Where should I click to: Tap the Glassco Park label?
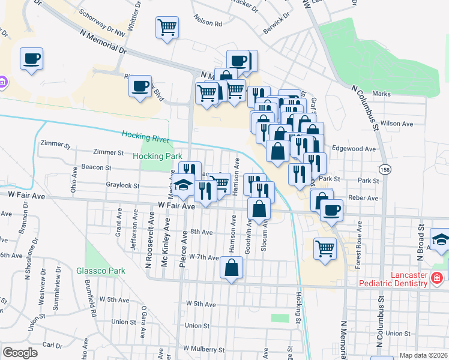click(x=100, y=271)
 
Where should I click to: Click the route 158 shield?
click(x=384, y=169)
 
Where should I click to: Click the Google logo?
click(x=20, y=353)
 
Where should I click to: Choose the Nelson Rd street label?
click(x=208, y=23)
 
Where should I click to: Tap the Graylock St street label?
click(x=122, y=186)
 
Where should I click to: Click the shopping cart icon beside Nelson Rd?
click(x=167, y=26)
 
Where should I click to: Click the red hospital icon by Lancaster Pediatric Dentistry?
click(x=437, y=278)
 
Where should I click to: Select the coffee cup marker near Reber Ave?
click(x=331, y=210)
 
